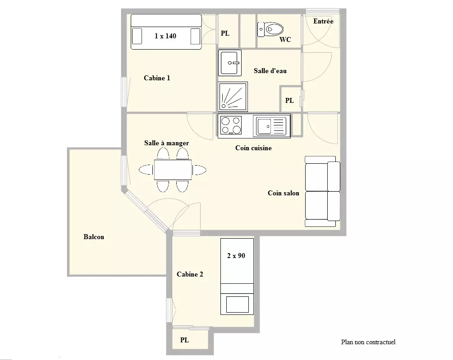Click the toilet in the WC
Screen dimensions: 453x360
270,29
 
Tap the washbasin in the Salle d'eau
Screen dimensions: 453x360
230,63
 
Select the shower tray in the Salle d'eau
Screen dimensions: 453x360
233,97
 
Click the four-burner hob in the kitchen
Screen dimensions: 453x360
231,125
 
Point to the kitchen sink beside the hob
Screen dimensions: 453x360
271,126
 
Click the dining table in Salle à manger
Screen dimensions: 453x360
173,170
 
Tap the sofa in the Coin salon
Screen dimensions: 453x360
322,191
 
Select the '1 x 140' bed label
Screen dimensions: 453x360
165,36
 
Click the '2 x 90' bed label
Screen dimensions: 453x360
236,256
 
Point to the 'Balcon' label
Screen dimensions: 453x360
94,237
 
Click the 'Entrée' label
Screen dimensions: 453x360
323,21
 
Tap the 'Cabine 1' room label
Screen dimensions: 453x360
157,78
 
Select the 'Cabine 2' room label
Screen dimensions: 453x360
190,274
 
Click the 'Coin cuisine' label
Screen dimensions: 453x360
253,148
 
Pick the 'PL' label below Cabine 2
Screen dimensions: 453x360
185,340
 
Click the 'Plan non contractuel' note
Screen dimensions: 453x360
368,342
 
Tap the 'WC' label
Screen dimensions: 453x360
285,40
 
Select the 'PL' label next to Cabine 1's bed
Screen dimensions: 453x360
225,33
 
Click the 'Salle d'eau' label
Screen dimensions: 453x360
270,71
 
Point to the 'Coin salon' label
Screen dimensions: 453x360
284,193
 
